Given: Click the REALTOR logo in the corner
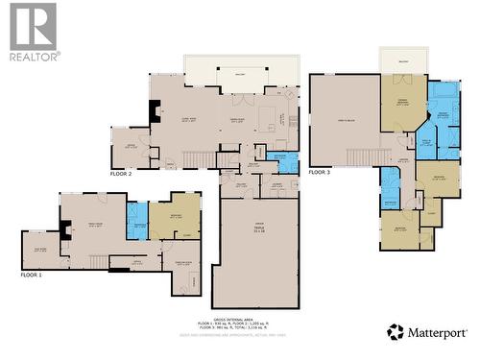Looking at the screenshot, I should tap(34, 31).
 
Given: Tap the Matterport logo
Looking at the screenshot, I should tap(425, 332).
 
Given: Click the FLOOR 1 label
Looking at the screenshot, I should tap(32, 275).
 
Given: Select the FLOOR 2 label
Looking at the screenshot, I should tap(121, 175).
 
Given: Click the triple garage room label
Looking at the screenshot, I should tap(258, 230).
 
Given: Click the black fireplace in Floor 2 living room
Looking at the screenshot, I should tap(154, 111).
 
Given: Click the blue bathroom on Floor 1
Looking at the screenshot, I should tap(136, 222).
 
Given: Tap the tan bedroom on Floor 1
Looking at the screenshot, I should tap(175, 217).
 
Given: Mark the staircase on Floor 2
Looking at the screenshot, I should tap(198, 158).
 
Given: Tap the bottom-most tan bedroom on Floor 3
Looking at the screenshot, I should tap(398, 230).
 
